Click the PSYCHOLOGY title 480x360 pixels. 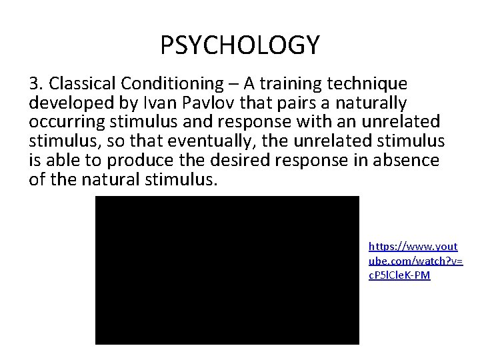[240, 45]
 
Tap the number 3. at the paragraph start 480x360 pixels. [36, 84]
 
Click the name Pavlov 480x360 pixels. [199, 103]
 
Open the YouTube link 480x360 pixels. [414, 261]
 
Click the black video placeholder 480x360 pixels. [227, 270]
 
